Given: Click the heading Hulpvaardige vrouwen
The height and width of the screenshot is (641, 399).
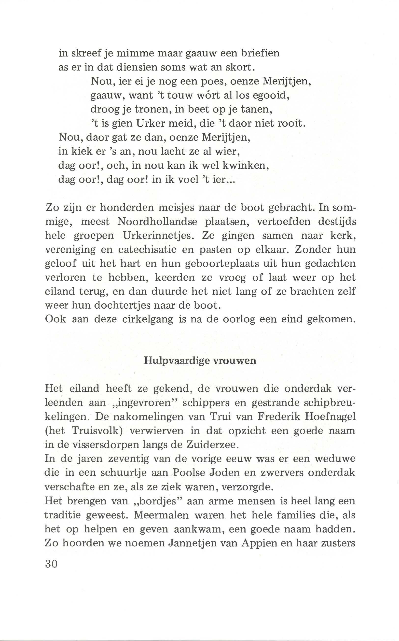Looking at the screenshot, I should point(200,360).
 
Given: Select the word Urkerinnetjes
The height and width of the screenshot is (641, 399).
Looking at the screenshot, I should point(158,235).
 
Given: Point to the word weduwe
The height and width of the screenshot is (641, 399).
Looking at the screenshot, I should point(335,458).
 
